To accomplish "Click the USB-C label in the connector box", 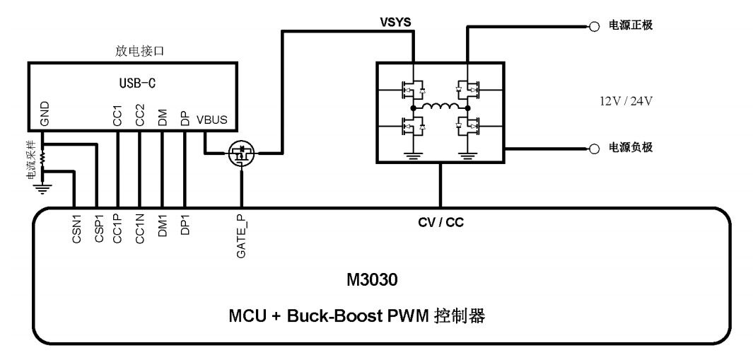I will pos(136,82).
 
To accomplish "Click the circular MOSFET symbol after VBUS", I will pos(242,153).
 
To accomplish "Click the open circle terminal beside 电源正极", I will pos(595,26).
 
